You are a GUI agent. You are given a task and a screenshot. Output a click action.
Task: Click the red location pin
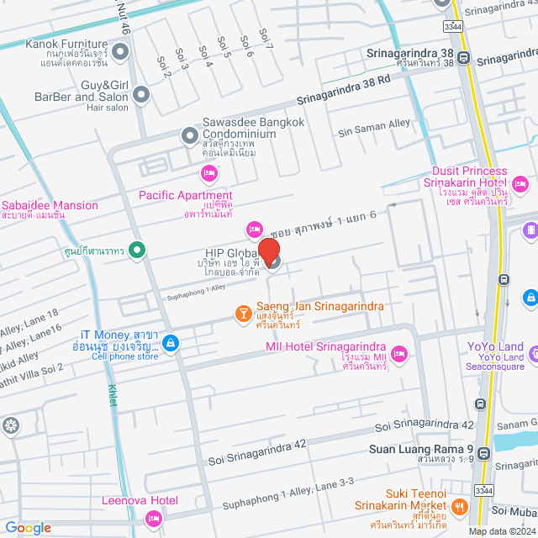coord(268,251)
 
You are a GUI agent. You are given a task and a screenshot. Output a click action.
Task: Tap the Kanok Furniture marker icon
coord(120,55)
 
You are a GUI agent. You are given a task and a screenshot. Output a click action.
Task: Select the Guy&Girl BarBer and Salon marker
coord(141,95)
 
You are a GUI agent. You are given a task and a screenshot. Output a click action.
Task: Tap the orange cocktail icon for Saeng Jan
coord(242,314)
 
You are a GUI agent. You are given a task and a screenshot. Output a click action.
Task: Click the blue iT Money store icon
coord(171,343)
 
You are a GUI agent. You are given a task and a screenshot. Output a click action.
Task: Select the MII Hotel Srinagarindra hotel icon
coord(398,354)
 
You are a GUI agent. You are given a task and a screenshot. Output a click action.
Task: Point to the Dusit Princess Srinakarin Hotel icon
coord(520,182)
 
